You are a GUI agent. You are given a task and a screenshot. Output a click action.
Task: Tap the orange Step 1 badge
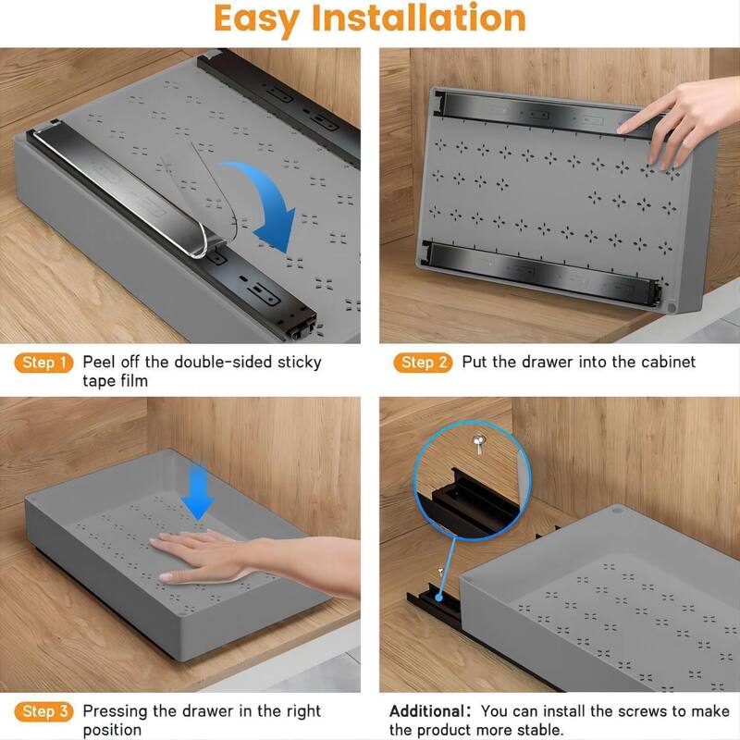point(43,363)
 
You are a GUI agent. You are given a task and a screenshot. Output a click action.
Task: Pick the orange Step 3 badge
point(43,712)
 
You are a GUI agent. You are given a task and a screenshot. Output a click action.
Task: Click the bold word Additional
point(428,712)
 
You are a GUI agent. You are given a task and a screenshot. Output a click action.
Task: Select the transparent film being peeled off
point(199,199)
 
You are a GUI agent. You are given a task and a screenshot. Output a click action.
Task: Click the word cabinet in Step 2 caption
point(663,362)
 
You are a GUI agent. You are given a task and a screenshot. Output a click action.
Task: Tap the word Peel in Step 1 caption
point(99,362)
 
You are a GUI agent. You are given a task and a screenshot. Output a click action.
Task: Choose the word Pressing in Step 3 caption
point(115,711)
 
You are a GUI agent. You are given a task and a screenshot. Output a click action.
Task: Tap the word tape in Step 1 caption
point(99,380)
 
